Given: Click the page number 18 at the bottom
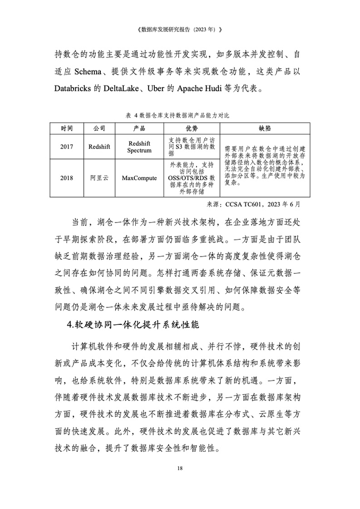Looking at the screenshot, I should [x=179, y=468].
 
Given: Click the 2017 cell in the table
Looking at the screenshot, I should [x=66, y=147].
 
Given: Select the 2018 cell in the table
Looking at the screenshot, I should [x=66, y=178].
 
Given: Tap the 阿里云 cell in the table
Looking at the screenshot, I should [x=99, y=178].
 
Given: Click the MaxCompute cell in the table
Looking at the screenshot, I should [x=140, y=178].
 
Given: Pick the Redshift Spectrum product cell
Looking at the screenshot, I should [x=140, y=147].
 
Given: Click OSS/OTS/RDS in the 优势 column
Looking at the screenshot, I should [x=188, y=178].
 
